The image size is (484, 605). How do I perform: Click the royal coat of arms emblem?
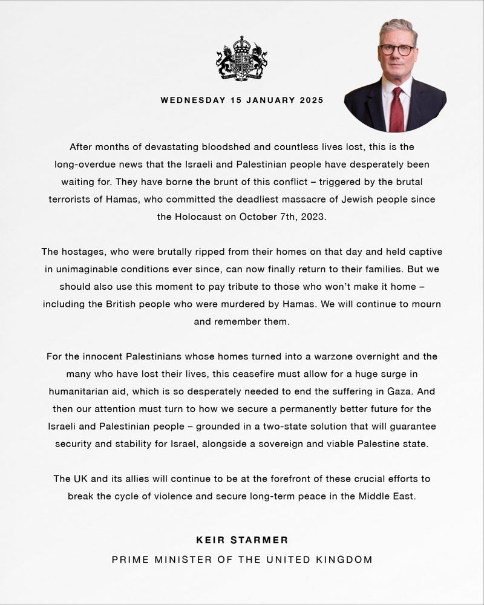click(241, 59)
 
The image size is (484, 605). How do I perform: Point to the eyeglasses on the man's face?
click(397, 50)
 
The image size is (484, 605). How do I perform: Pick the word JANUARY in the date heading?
click(270, 100)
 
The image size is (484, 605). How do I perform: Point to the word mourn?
click(424, 304)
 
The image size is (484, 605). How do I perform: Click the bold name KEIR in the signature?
click(210, 539)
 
